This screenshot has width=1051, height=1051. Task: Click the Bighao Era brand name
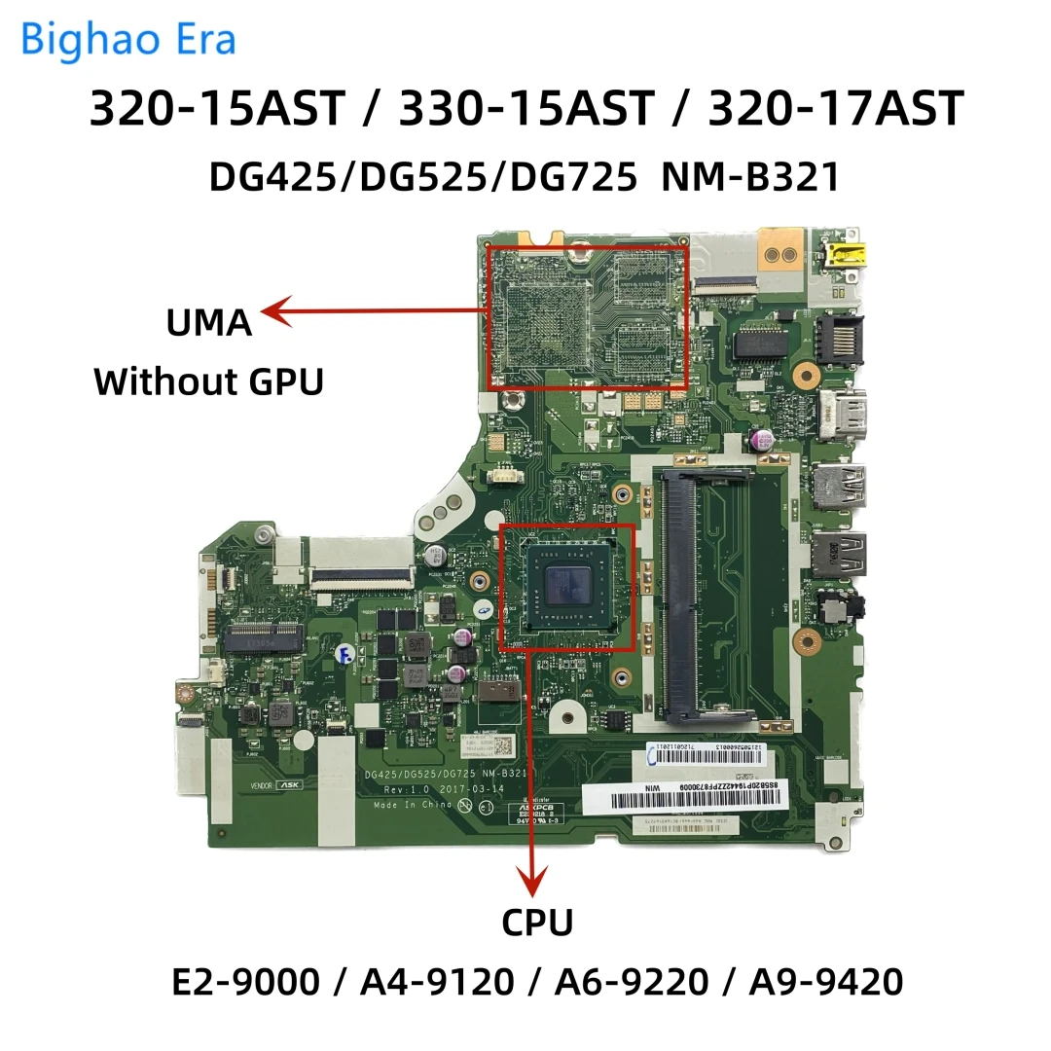(127, 40)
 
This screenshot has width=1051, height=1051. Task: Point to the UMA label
(209, 321)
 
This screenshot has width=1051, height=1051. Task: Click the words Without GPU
(208, 381)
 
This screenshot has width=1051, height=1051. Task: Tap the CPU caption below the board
(536, 923)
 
